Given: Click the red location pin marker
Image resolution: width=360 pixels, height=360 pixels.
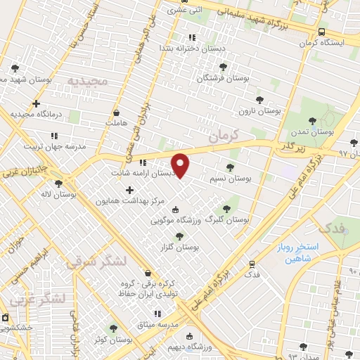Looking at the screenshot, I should point(181,165).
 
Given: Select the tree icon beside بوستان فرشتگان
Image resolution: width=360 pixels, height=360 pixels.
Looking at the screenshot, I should point(223,67).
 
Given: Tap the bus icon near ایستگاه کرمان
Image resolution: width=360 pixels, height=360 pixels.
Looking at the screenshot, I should point(321,32).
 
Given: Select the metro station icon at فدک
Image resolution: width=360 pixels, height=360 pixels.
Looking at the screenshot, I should point(252,264).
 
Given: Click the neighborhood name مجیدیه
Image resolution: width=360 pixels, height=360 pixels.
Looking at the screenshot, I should point(89,81).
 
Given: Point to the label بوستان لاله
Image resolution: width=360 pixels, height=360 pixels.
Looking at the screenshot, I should point(79,195).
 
